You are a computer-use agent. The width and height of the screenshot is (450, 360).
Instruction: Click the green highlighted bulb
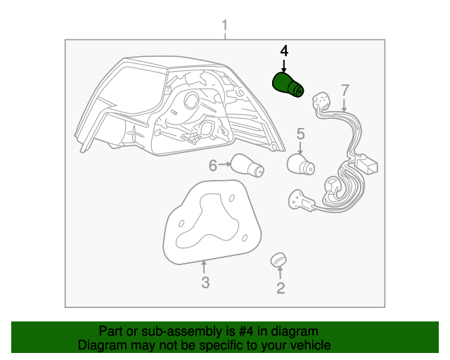tap(288, 84)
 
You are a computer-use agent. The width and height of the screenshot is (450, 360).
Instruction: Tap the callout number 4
tap(284, 51)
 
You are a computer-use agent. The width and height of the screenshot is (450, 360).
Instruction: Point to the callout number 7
tap(345, 90)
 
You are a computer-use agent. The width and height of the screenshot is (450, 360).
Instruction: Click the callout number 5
tap(300, 134)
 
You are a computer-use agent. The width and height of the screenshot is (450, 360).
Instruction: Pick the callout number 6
tap(212, 166)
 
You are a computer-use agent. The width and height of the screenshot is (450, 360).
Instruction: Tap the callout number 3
tap(205, 283)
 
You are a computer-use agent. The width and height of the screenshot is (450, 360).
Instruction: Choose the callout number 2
tap(281, 288)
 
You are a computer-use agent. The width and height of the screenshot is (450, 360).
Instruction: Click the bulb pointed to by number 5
tap(301, 165)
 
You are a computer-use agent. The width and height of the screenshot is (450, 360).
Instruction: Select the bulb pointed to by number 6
tap(247, 166)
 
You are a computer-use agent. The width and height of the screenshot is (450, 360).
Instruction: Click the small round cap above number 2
tap(278, 259)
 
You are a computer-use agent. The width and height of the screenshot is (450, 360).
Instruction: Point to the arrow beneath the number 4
tap(284, 65)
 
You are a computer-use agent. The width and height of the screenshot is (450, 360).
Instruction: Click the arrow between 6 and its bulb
tap(224, 165)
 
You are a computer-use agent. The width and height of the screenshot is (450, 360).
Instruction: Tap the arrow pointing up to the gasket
tap(204, 266)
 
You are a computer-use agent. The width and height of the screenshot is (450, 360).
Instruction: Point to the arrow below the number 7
tap(345, 105)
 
